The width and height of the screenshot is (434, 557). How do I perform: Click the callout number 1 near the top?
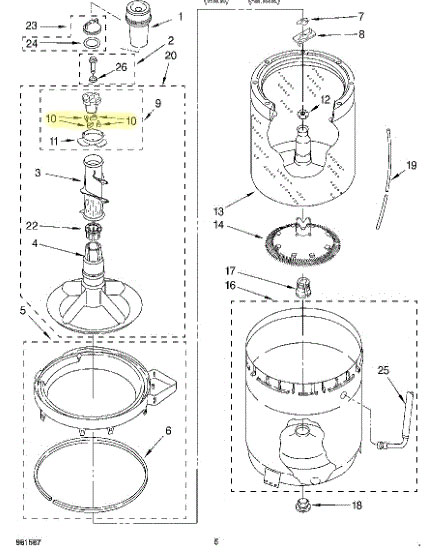[x=181, y=17]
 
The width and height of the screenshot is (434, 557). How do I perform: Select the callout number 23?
[x=30, y=25]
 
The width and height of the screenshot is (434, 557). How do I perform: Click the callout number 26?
[x=122, y=68]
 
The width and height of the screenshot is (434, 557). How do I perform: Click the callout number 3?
[x=38, y=175]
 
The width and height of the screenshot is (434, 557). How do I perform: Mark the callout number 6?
[x=168, y=432]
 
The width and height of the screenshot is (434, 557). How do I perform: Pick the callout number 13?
[x=218, y=210]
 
